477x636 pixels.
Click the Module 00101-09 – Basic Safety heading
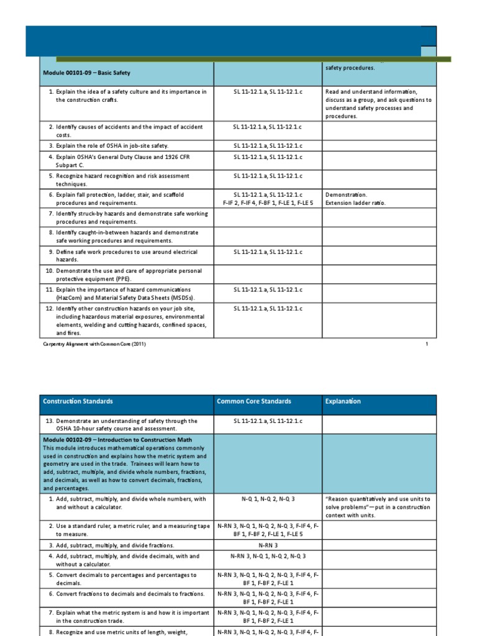tap(86, 73)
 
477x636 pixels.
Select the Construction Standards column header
tap(78, 401)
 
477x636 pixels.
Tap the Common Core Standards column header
tap(253, 401)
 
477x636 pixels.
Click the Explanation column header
tap(342, 401)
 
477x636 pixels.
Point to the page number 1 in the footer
tap(427, 344)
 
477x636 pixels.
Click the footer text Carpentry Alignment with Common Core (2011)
tap(94, 344)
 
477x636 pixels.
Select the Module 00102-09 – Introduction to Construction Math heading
tap(117, 440)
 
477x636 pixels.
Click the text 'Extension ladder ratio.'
tap(355, 203)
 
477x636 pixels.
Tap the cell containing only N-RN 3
tap(268, 545)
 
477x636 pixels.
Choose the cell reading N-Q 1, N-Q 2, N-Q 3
tap(268, 499)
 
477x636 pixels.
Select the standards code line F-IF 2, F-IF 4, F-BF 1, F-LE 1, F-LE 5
tap(268, 203)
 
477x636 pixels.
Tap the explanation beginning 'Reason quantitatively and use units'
tap(378, 507)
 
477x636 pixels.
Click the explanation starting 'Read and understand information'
tap(378, 104)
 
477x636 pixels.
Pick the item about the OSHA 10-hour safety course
tap(121, 425)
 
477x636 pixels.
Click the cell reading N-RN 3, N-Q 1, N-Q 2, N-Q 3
tap(268, 556)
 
